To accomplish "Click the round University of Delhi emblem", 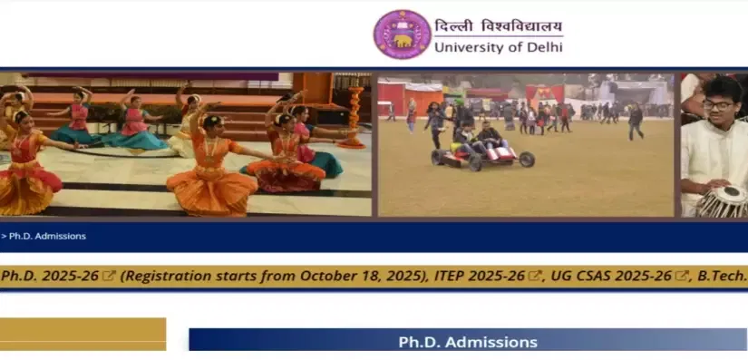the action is pos(403,34).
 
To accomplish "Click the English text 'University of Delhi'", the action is pos(499,47).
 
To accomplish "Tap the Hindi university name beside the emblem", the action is pos(498,25).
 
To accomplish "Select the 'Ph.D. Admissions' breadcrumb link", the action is pos(47,236).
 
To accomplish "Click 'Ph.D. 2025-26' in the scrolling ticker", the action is pos(50,276).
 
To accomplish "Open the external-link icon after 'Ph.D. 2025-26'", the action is pos(109,276).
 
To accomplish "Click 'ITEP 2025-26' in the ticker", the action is pos(479,276).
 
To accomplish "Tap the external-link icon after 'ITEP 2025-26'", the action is pos(535,276).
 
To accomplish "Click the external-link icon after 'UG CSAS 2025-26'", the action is pos(682,276).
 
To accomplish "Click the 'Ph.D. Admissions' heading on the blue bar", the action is pos(468,342).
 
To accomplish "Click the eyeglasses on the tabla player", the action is pos(717,105).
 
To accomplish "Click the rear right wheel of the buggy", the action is pos(527,160).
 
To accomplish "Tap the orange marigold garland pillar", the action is pos(355,117).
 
